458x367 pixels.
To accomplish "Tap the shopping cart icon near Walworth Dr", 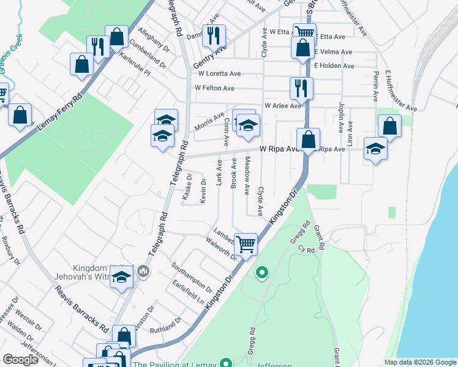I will [x=246, y=245].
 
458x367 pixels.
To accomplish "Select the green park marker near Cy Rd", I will [x=262, y=273].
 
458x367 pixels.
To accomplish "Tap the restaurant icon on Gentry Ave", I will [x=214, y=37].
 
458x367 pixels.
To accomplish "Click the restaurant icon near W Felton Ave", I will [x=301, y=89].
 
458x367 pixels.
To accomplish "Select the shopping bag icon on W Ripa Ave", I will [x=309, y=140].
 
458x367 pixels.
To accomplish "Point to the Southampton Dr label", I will [x=192, y=277].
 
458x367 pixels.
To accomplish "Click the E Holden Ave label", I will [x=334, y=65].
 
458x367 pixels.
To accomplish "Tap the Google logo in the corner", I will [x=21, y=360].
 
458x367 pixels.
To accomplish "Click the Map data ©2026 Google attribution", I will [x=419, y=362].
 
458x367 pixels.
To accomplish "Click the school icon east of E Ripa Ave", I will [x=375, y=149].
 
